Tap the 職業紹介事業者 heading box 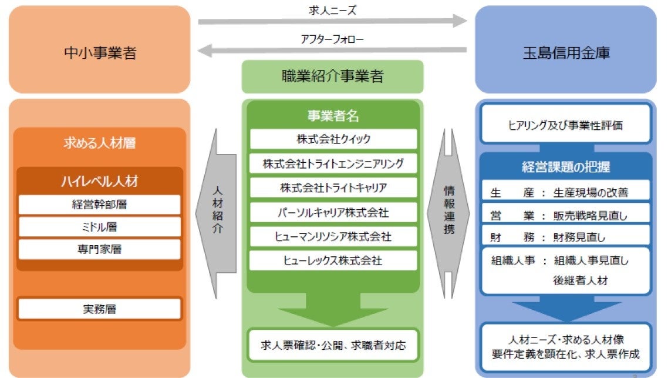click(x=332, y=77)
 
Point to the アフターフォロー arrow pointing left click(x=332, y=51)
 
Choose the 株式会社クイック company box click(x=333, y=139)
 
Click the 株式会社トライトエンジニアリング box click(x=333, y=163)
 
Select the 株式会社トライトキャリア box click(x=333, y=188)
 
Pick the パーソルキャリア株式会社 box click(x=333, y=212)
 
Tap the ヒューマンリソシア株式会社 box click(x=333, y=236)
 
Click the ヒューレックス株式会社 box click(x=333, y=260)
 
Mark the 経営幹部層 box click(x=99, y=205)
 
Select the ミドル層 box click(x=99, y=227)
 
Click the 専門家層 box click(x=99, y=249)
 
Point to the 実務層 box click(x=99, y=309)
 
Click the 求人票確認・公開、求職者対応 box click(x=333, y=345)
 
